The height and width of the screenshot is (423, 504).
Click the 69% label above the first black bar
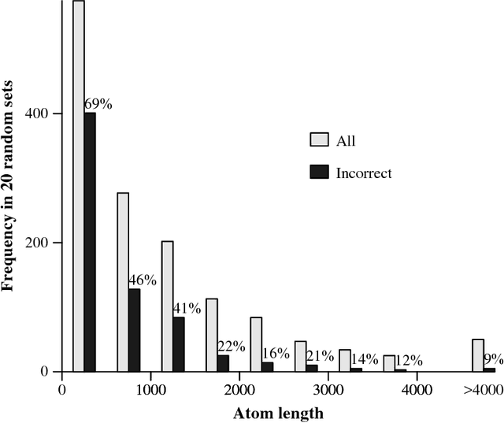click(98, 104)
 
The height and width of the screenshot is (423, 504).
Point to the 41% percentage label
click(187, 308)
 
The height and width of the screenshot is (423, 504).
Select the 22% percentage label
click(231, 346)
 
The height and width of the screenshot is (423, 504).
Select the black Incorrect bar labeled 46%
click(134, 330)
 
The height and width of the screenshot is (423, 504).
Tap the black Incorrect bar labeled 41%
click(179, 344)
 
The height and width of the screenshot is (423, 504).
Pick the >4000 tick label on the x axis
click(483, 389)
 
